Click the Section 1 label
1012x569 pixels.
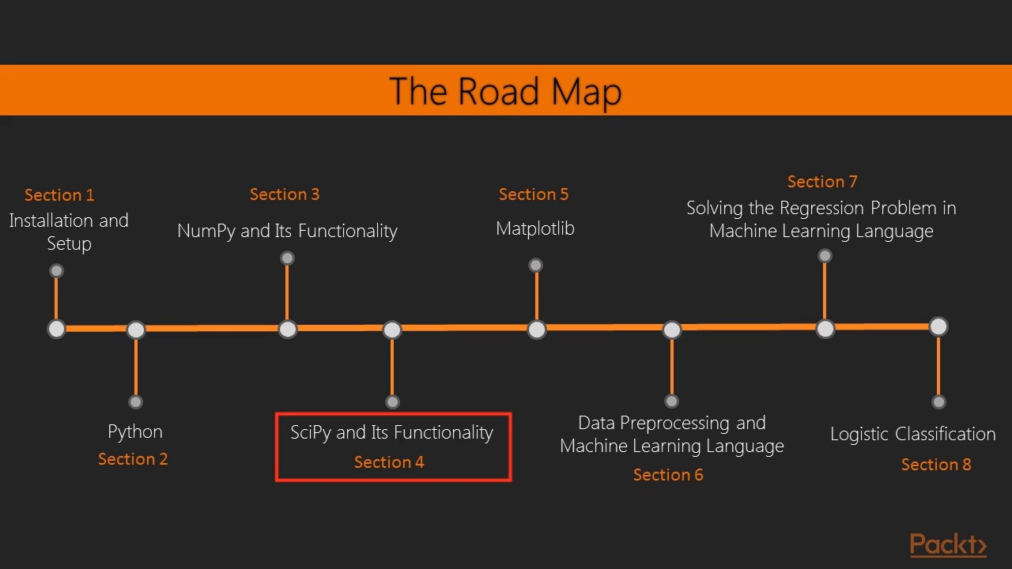pos(59,195)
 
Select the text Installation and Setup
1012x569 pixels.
pos(69,232)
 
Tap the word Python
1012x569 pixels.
pos(135,431)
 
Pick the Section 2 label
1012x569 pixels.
pos(133,459)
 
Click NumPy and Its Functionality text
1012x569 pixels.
pos(287,231)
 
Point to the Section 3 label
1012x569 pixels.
pos(285,194)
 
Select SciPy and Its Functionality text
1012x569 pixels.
pos(391,432)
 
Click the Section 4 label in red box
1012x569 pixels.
pos(389,462)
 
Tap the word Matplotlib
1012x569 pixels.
pos(535,228)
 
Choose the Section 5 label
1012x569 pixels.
pos(534,194)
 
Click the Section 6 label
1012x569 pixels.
pos(668,475)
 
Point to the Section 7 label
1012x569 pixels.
pos(822,182)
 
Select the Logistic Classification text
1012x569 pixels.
pos(912,434)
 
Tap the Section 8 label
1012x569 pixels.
pos(936,465)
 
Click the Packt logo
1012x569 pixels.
pos(948,545)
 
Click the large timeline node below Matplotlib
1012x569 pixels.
pos(537,330)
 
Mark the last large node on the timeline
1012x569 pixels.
pos(938,326)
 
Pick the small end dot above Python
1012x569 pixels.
pos(136,401)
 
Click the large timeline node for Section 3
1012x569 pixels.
pos(288,329)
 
